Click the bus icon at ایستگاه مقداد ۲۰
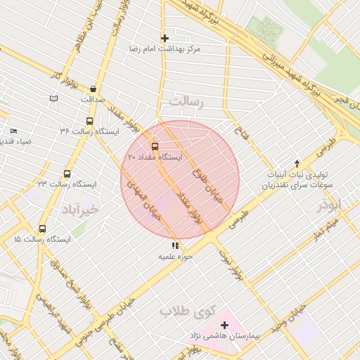tap(155, 147)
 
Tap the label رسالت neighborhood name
tap(185, 103)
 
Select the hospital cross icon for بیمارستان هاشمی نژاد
tap(224, 325)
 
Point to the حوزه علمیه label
tap(175, 257)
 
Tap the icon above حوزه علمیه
tap(175, 246)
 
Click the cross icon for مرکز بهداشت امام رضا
tap(165, 38)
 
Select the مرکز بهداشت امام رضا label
tap(165, 49)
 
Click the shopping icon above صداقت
tap(93, 89)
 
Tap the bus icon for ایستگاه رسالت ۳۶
tap(89, 120)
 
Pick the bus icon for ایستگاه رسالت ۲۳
tap(67, 174)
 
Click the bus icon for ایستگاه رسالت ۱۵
tap(42, 229)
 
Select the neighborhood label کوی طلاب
tap(186, 310)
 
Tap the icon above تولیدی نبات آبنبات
tap(297, 162)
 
